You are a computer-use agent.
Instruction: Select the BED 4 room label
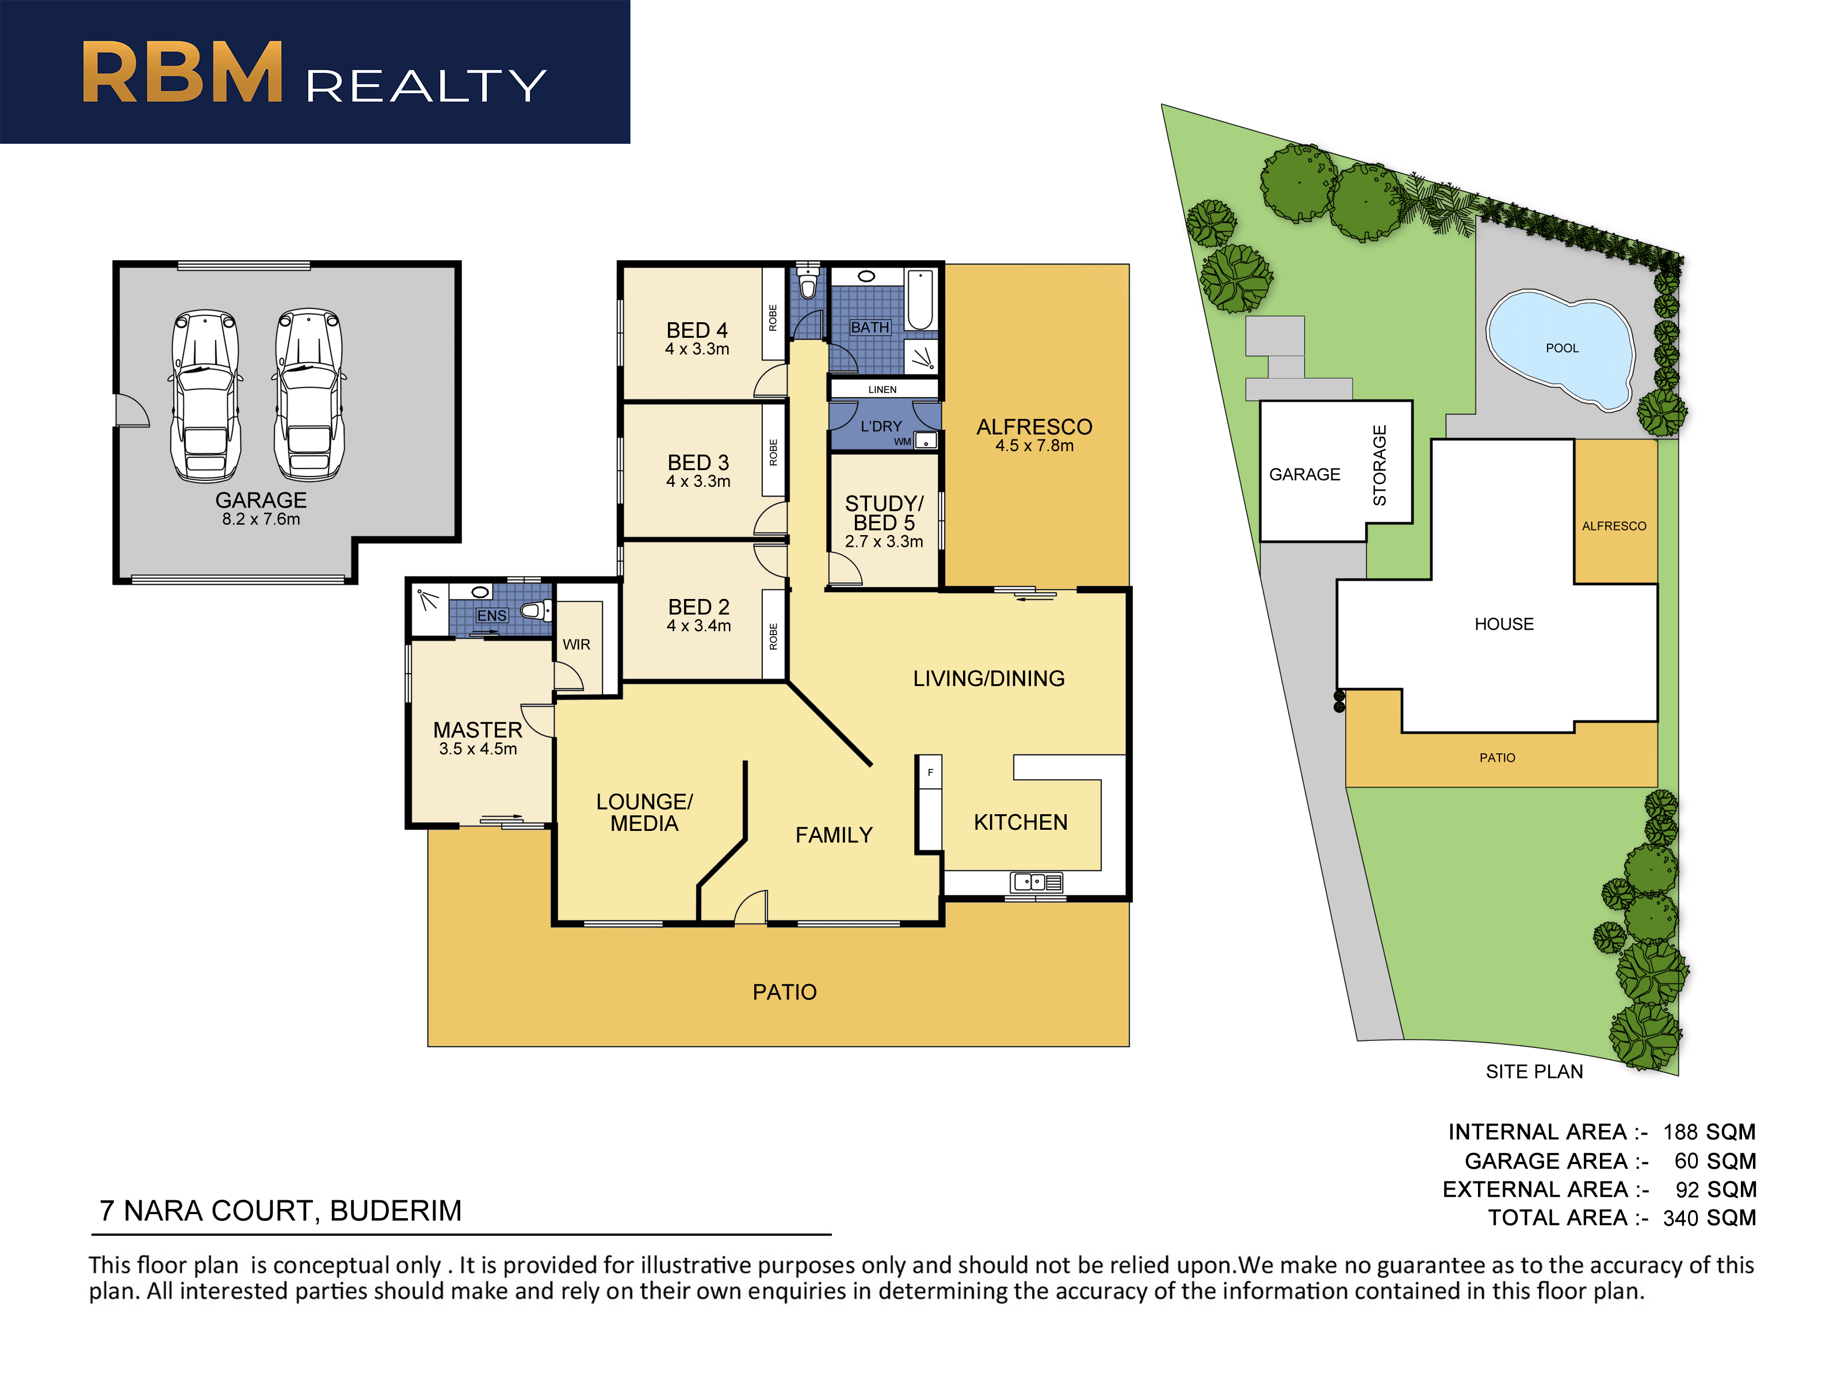(x=697, y=330)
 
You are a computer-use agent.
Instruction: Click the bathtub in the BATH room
(x=920, y=300)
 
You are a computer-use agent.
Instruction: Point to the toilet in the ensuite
(x=537, y=611)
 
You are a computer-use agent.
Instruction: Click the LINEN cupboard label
(x=882, y=390)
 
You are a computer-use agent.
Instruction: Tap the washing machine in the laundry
(x=926, y=440)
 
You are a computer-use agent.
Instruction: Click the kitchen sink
(x=1036, y=882)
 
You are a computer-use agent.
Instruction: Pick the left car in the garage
(x=205, y=395)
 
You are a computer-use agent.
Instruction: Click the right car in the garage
(x=309, y=395)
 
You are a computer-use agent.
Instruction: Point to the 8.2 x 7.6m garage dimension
(x=261, y=520)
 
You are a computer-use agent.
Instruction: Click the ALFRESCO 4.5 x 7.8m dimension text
(x=1034, y=446)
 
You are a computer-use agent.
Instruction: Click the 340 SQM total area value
(x=1709, y=1218)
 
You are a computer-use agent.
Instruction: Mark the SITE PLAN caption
(x=1534, y=1071)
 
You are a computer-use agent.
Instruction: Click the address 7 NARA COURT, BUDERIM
(x=281, y=1210)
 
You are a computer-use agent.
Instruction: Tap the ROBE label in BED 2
(x=773, y=636)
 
